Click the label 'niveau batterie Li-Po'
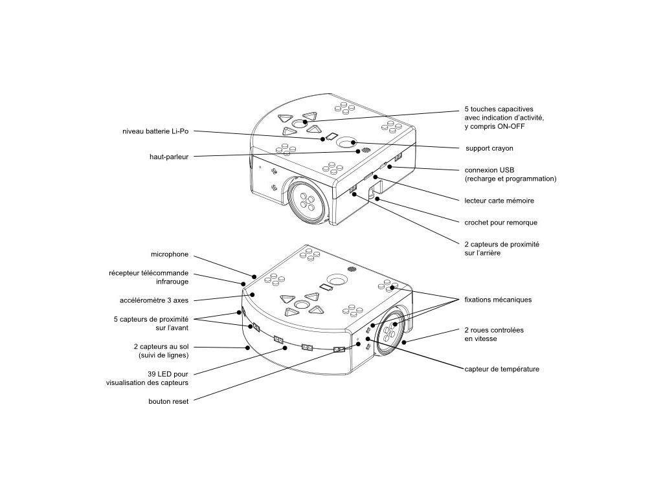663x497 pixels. click(x=155, y=131)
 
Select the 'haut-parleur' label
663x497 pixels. click(x=168, y=156)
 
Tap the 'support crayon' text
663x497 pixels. click(x=489, y=148)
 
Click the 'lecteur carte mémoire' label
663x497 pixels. click(x=499, y=201)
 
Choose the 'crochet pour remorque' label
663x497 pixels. click(x=500, y=223)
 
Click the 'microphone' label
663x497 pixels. click(x=169, y=254)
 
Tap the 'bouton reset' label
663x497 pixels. click(x=168, y=401)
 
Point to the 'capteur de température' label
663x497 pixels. click(x=502, y=369)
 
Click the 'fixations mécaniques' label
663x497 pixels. click(x=498, y=300)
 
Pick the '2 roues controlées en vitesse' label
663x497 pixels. click(x=494, y=334)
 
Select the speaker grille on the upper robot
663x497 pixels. click(x=366, y=150)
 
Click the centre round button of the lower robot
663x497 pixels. click(x=301, y=305)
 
